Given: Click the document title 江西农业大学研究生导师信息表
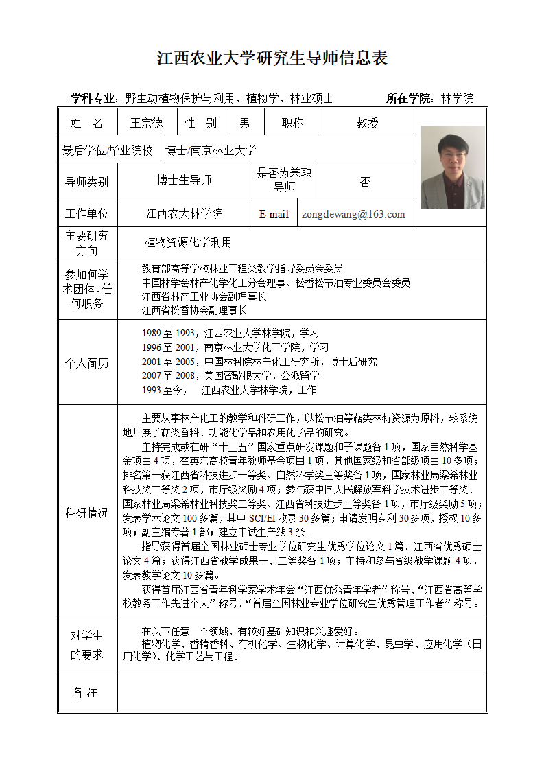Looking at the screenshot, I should tap(272, 58).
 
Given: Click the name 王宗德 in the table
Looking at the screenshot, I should tap(147, 123).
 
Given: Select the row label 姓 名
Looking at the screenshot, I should tap(87, 123).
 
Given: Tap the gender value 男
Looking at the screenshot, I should tap(244, 123).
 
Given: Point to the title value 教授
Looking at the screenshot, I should tap(367, 123).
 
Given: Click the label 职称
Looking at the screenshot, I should tap(293, 123).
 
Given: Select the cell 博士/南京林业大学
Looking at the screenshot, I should tap(211, 150).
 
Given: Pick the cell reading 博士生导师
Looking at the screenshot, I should tap(184, 180).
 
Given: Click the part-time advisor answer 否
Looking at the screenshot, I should tap(365, 182).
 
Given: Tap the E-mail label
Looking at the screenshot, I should tap(274, 214).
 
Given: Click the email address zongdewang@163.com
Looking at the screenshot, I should tap(353, 214).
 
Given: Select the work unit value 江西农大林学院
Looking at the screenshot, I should tap(184, 214).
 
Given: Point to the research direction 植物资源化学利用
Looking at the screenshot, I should tap(188, 242).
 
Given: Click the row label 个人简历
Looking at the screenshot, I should tap(87, 363).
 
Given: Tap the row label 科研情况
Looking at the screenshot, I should tap(87, 513).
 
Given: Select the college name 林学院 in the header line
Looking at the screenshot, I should tap(457, 98).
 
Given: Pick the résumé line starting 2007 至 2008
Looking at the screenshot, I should tap(230, 376).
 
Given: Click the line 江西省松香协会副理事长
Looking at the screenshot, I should tap(195, 310).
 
